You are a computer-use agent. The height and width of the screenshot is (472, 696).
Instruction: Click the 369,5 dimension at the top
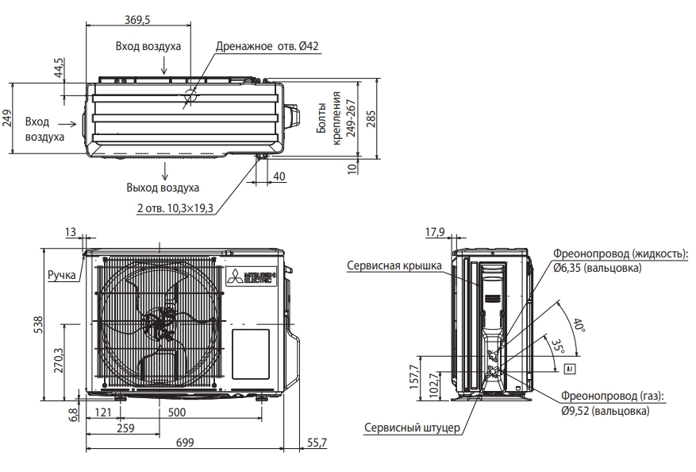click(x=137, y=20)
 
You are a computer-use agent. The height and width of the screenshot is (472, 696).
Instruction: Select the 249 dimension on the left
click(x=7, y=118)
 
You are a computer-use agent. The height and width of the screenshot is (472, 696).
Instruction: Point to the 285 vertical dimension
click(x=371, y=118)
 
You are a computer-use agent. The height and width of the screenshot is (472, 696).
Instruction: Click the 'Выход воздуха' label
click(x=163, y=188)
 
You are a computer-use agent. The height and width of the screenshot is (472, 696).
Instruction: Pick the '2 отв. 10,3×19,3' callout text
click(x=175, y=208)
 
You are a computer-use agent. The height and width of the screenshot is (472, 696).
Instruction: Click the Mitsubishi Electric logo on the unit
click(x=252, y=276)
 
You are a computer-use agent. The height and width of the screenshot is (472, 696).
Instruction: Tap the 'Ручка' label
click(x=62, y=275)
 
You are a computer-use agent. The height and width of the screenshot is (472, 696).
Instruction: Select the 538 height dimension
click(x=39, y=324)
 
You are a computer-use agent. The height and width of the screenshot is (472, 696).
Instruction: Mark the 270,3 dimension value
click(x=58, y=360)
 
